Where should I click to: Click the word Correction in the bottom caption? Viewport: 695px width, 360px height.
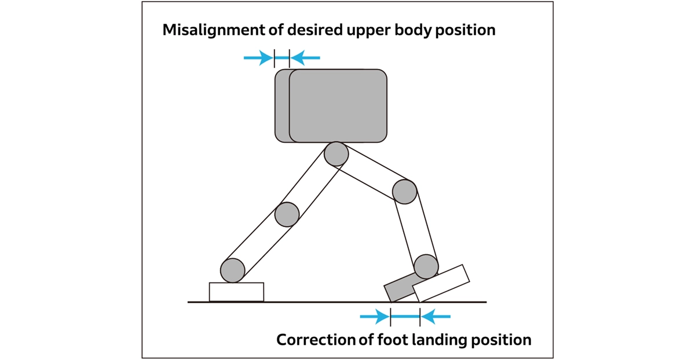click(316, 340)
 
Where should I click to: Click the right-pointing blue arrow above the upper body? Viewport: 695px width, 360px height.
click(258, 57)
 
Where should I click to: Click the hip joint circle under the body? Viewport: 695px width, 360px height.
click(336, 154)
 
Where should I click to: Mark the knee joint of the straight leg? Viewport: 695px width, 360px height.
click(287, 214)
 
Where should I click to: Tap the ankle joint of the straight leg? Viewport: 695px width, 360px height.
click(233, 270)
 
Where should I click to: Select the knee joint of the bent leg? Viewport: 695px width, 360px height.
click(405, 192)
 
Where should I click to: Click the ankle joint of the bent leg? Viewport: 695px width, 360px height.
click(426, 266)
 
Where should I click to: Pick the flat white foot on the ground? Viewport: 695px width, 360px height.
click(236, 292)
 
